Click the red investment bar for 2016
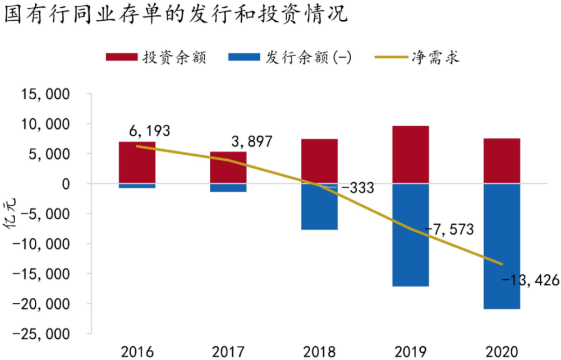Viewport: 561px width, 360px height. click(137, 163)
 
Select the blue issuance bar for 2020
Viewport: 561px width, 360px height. click(502, 246)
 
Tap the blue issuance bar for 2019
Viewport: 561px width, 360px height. click(411, 235)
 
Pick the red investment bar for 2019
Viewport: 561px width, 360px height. click(411, 155)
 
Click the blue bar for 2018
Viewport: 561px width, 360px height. click(320, 206)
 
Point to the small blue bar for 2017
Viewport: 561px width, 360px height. click(228, 188)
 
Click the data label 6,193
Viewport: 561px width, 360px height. click(149, 131)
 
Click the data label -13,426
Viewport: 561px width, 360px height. click(530, 280)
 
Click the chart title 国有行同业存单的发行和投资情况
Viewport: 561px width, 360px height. click(175, 15)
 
